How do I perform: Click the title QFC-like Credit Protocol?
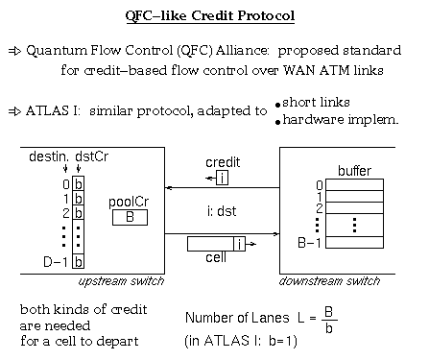[x=213, y=16]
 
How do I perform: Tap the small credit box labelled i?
[x=222, y=179]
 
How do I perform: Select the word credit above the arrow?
[x=223, y=162]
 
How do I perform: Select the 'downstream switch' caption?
[x=332, y=280]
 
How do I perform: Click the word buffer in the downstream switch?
[x=355, y=170]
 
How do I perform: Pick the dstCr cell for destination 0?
[x=79, y=183]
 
